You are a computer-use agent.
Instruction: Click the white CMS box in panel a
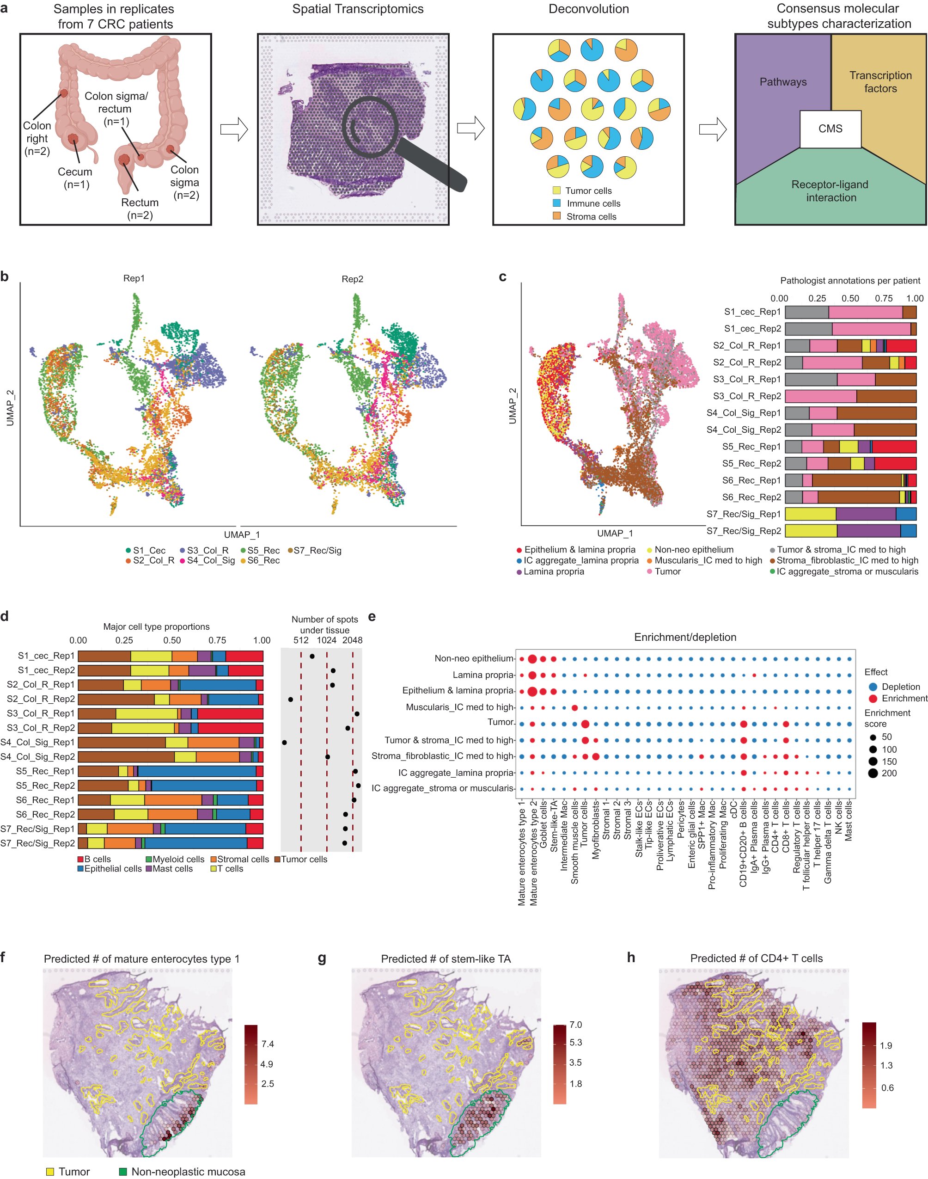[x=830, y=129]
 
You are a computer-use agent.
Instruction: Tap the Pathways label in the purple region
[x=783, y=82]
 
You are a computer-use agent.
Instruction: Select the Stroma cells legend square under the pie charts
[x=557, y=216]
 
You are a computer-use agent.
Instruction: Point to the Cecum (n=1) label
[x=75, y=178]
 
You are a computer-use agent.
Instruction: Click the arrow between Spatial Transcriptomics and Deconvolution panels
[x=470, y=129]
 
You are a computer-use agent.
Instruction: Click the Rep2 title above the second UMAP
[x=352, y=279]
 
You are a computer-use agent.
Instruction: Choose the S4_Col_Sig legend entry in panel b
[x=210, y=560]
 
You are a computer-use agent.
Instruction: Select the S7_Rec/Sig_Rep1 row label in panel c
[x=743, y=514]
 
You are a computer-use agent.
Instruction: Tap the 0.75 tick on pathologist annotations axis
[x=884, y=298]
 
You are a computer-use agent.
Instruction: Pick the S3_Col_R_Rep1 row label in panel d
[x=41, y=713]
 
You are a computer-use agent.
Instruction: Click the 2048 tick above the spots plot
[x=352, y=640]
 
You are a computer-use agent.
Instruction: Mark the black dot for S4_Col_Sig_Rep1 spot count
[x=285, y=742]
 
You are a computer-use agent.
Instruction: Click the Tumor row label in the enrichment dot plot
[x=501, y=722]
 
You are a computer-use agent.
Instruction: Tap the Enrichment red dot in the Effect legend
[x=873, y=699]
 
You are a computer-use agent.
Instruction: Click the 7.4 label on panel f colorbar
[x=267, y=1044]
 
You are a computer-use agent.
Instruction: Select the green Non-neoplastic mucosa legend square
[x=123, y=1172]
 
